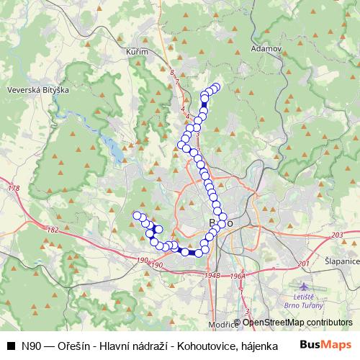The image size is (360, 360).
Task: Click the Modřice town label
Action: [223, 325]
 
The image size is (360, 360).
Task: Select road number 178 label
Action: [12, 189]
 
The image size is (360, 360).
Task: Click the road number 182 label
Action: [51, 230]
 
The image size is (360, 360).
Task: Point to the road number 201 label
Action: [302, 264]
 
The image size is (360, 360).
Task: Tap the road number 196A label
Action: [238, 276]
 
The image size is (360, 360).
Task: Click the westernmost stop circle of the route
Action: [136, 215]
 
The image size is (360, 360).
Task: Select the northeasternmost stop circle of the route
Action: [215, 87]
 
